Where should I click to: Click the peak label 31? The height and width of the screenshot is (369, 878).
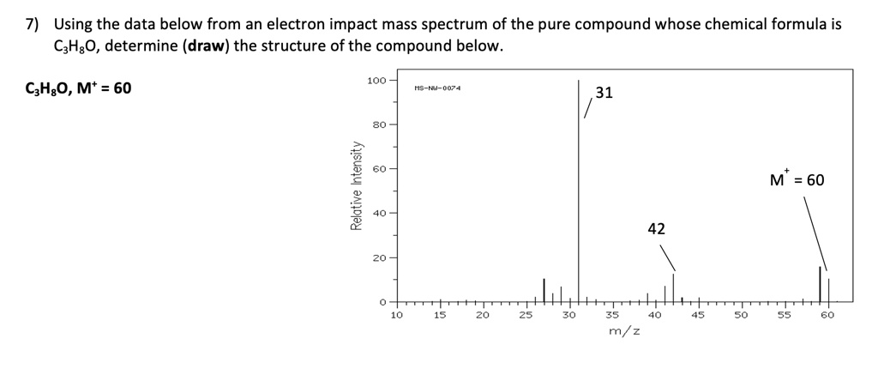click(604, 93)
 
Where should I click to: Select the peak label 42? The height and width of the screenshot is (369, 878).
click(656, 228)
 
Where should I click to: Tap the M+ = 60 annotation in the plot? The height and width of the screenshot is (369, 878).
click(797, 180)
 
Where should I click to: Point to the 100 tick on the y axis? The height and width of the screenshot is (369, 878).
click(376, 81)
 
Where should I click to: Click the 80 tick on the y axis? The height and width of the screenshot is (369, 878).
click(377, 124)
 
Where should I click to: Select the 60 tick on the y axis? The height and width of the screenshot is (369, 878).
click(377, 169)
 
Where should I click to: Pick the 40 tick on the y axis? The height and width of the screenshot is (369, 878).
click(377, 213)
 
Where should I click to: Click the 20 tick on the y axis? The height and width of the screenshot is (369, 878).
click(377, 257)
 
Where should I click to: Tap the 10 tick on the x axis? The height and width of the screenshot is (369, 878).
click(396, 315)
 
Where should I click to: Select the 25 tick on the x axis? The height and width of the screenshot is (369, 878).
click(526, 315)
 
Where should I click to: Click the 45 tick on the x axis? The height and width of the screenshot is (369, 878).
click(698, 315)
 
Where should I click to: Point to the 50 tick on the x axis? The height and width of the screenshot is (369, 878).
click(742, 315)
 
